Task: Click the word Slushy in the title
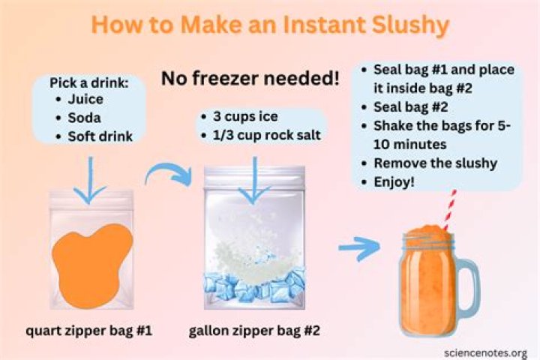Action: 411,25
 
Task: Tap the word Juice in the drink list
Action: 85,99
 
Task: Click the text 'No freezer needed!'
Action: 250,78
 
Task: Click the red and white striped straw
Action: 450,210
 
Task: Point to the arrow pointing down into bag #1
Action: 90,180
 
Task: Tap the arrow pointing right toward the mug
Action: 359,247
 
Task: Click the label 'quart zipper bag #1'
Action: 88,331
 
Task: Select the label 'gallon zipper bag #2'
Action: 254,331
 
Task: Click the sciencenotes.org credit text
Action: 485,353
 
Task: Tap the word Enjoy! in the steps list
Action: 394,181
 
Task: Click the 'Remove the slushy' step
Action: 435,163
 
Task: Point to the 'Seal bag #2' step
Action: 411,107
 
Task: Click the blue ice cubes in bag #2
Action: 254,286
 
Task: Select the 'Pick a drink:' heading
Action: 88,82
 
